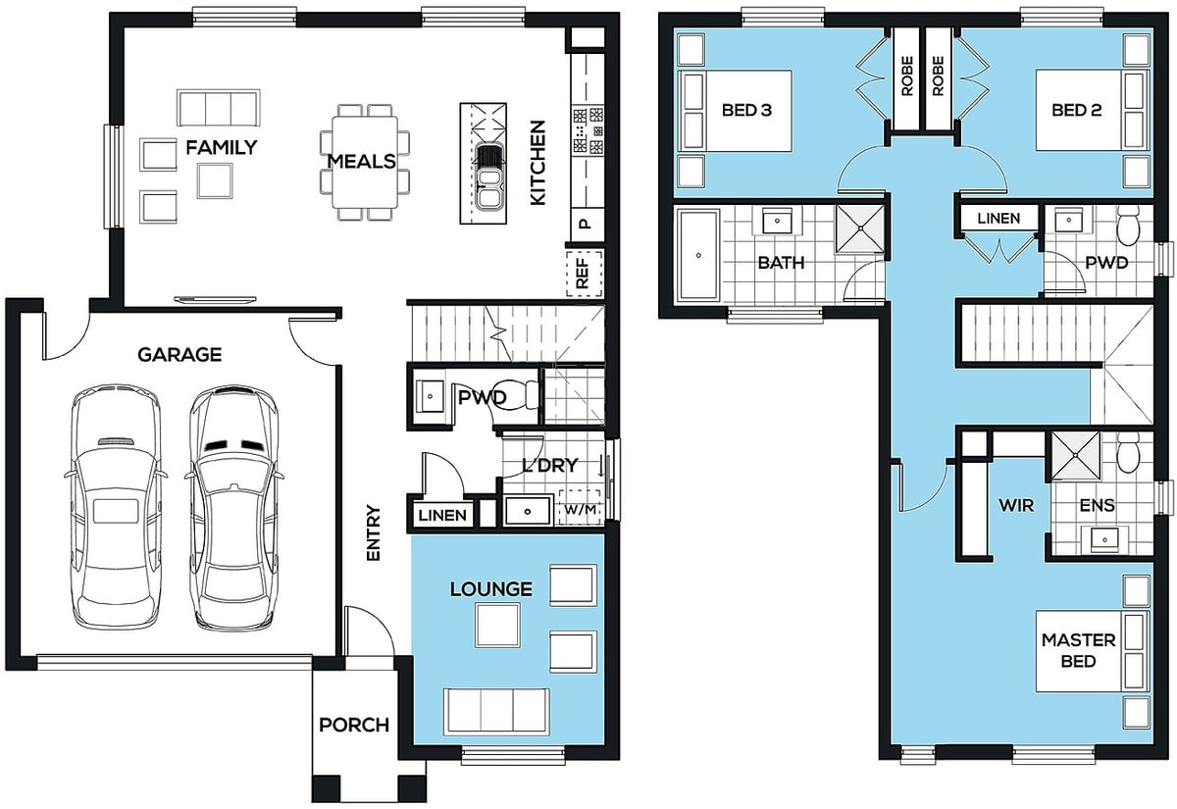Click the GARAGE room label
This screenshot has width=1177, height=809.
pyautogui.click(x=179, y=355)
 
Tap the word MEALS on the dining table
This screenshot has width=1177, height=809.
pyautogui.click(x=362, y=161)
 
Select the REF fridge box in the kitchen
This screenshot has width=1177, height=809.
pyautogui.click(x=584, y=274)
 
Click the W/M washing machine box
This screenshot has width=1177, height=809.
pyautogui.click(x=580, y=509)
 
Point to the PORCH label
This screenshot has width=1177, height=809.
pyautogui.click(x=354, y=725)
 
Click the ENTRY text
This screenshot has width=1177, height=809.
pyautogui.click(x=373, y=532)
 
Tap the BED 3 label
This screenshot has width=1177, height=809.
pyautogui.click(x=746, y=110)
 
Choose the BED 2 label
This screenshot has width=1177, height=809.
pyautogui.click(x=1077, y=110)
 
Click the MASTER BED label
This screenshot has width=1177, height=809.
pyautogui.click(x=1079, y=650)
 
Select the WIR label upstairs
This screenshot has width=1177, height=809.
pyautogui.click(x=1016, y=505)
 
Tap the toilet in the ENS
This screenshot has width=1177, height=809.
pyautogui.click(x=1127, y=452)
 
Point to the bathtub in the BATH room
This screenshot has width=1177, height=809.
pyautogui.click(x=698, y=255)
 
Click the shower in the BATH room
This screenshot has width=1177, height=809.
pyautogui.click(x=859, y=228)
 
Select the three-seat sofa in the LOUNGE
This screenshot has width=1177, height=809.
pyautogui.click(x=496, y=711)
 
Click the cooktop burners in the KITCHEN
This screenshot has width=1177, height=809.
pyautogui.click(x=588, y=130)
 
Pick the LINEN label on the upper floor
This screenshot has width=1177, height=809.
pyautogui.click(x=998, y=218)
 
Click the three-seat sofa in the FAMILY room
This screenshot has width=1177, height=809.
pyautogui.click(x=219, y=108)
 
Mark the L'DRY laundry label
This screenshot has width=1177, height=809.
pyautogui.click(x=550, y=465)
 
